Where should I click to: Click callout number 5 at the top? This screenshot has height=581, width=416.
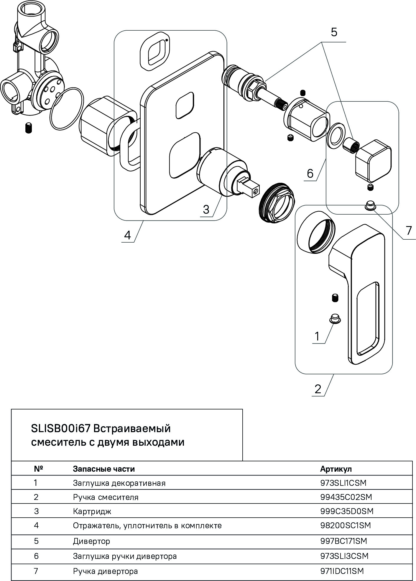point(334,32)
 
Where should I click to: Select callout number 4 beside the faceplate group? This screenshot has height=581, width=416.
point(127,235)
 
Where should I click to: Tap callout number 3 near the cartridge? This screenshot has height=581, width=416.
point(206,209)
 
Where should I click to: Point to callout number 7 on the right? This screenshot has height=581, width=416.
point(409,231)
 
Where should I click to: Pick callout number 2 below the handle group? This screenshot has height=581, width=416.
point(318,389)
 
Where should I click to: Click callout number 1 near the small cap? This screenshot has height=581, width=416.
point(317,336)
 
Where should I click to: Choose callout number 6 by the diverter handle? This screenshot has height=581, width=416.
point(310,173)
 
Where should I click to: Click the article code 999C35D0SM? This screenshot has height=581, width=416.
point(347,511)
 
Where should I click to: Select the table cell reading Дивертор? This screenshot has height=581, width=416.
point(91,541)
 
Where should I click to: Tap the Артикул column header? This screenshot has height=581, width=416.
point(336,469)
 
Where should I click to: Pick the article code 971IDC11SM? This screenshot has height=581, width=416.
point(342,571)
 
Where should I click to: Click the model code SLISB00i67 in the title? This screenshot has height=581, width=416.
point(60,428)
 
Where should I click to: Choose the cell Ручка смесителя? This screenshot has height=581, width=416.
point(106,497)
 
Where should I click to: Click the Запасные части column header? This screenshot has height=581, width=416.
point(104,469)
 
